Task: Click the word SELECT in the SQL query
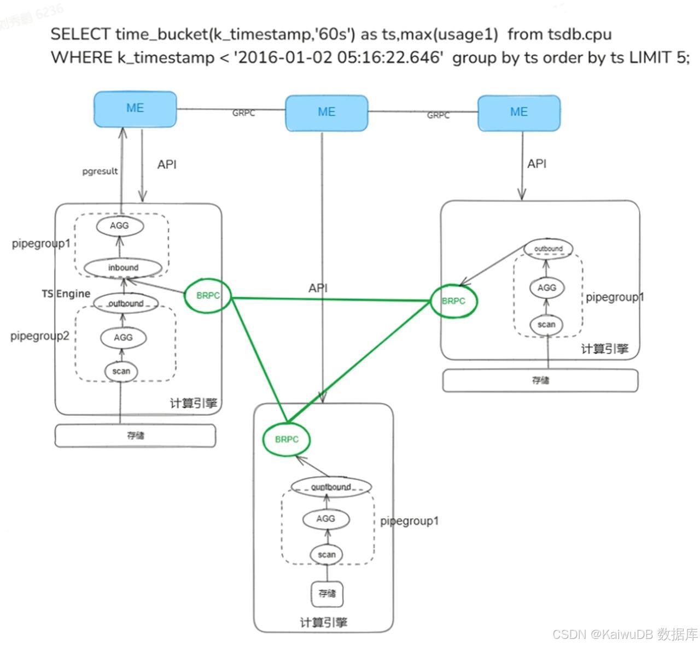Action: (80, 34)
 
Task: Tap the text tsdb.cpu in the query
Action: (579, 34)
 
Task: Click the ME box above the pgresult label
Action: (135, 109)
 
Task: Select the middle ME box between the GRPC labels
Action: (326, 113)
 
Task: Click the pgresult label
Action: (100, 171)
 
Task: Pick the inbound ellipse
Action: (123, 268)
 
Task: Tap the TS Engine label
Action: (66, 293)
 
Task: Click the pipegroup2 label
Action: (40, 336)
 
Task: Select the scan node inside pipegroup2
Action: (121, 372)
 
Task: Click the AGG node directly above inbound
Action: (119, 226)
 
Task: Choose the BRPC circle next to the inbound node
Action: (208, 296)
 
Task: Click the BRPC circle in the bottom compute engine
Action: (287, 439)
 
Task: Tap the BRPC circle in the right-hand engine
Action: (453, 301)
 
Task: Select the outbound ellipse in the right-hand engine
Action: (548, 249)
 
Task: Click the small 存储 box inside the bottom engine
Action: (327, 594)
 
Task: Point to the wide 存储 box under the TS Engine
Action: (135, 436)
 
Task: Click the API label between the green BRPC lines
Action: (318, 288)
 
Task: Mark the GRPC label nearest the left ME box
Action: (243, 113)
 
